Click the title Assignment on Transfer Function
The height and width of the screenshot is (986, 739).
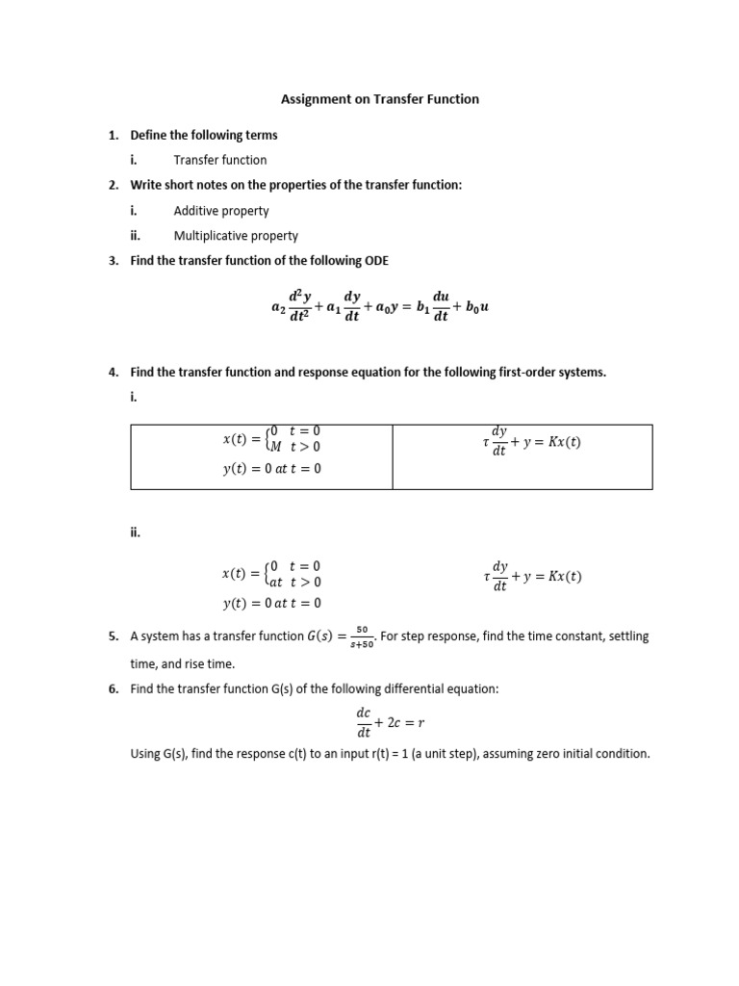click(x=379, y=99)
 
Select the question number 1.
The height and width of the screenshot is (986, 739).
click(x=113, y=136)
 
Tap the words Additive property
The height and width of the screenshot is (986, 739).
click(x=221, y=211)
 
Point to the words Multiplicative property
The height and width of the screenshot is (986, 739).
click(x=236, y=236)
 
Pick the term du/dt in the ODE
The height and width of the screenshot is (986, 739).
click(x=441, y=307)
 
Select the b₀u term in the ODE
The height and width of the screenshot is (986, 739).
click(x=478, y=308)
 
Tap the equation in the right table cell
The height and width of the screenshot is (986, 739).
click(x=534, y=442)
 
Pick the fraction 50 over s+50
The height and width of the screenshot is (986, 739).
click(x=362, y=637)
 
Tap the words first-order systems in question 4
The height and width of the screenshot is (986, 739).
click(x=557, y=373)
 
